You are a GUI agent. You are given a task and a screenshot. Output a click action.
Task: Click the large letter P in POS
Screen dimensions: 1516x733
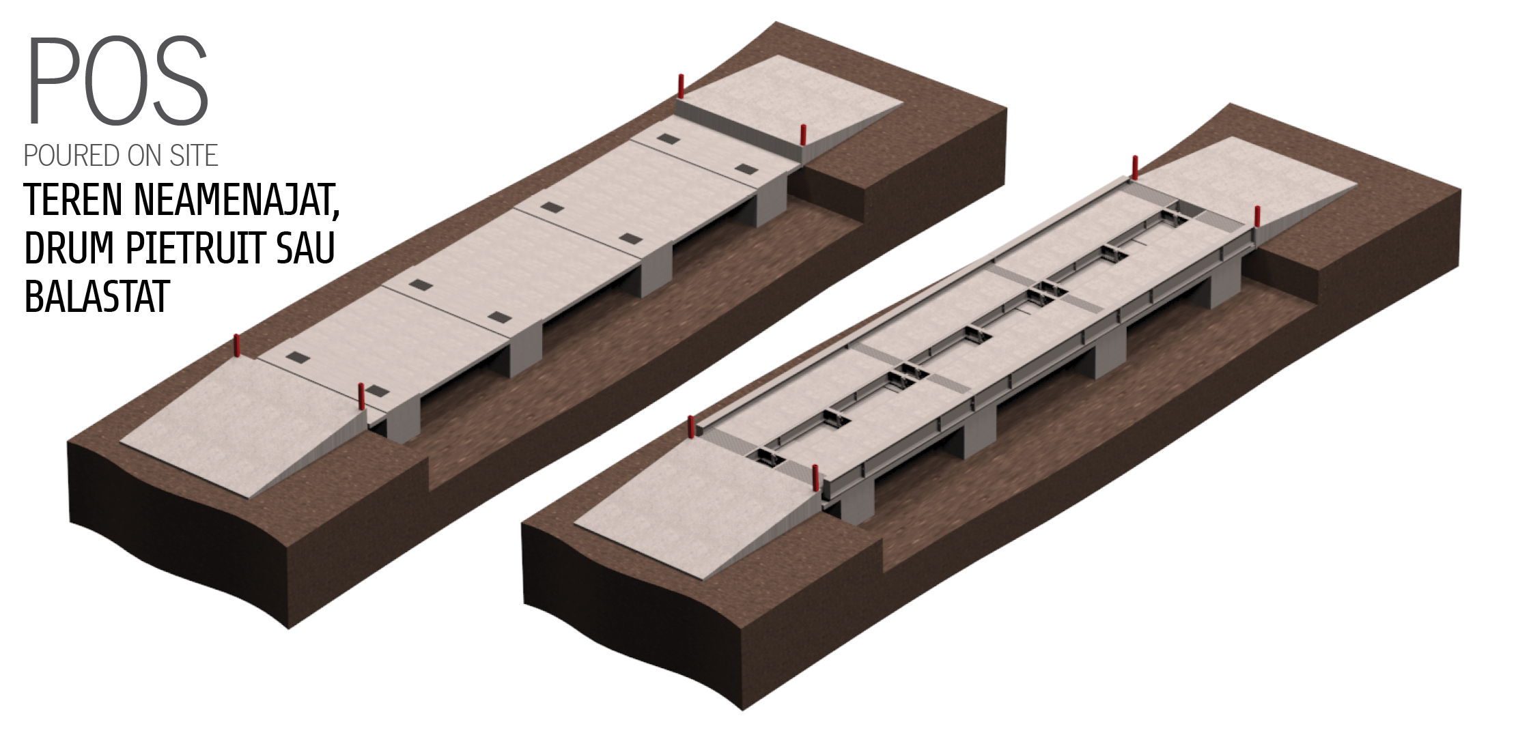[53, 81]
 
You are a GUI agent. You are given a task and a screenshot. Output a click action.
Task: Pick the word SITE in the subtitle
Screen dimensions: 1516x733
[195, 156]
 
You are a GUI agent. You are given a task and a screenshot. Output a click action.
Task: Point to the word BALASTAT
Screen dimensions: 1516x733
[96, 296]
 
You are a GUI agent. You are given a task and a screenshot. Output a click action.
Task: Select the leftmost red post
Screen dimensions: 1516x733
[238, 347]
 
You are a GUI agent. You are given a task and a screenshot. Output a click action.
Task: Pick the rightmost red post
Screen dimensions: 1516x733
[1257, 218]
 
